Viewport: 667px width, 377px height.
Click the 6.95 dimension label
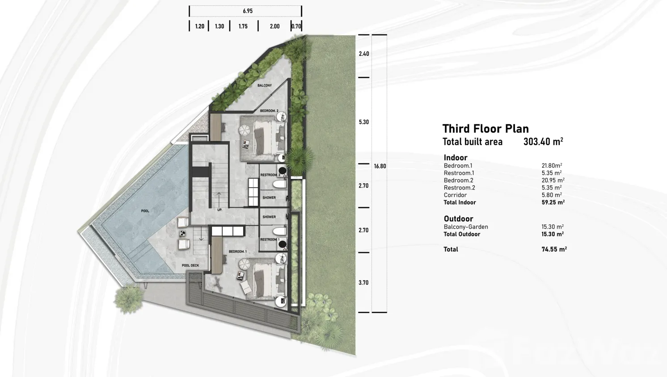248,11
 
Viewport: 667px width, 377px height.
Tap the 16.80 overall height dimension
380,166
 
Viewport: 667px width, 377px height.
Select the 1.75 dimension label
243,26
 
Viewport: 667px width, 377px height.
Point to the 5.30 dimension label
363,122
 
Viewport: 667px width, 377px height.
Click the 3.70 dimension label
363,283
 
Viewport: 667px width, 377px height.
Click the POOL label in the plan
145,211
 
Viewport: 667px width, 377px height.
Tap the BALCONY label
264,85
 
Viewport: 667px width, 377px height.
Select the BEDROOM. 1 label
238,251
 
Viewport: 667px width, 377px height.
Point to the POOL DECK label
190,265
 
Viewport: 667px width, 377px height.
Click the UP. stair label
220,210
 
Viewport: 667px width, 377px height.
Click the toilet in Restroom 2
279,184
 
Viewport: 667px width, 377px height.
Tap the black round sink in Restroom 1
282,245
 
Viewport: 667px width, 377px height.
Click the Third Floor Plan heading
485,129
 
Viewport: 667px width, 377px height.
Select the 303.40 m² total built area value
543,142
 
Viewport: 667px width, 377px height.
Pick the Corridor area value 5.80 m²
552,195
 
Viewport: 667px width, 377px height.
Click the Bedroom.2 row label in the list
458,180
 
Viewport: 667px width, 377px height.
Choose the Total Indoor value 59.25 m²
553,202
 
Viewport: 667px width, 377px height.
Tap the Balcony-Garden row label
466,227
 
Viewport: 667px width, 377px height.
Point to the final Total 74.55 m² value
554,249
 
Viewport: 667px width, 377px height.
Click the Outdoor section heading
458,219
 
